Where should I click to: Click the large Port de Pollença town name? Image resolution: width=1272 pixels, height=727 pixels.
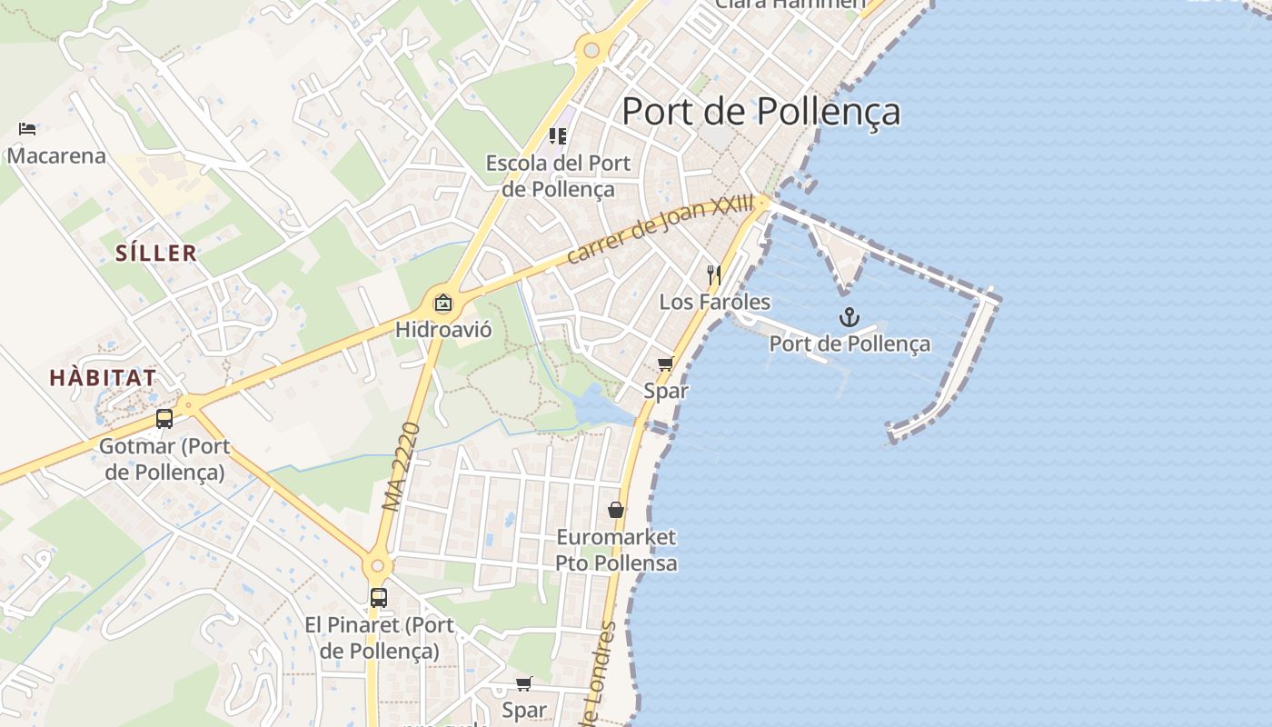click(x=760, y=112)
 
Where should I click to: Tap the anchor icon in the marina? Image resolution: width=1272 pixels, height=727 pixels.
click(x=849, y=317)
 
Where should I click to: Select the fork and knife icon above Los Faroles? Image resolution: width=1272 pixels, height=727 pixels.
click(x=714, y=275)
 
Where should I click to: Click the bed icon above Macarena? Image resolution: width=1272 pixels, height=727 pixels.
click(x=27, y=129)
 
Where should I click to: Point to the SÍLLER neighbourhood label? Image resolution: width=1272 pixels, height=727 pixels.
click(x=156, y=253)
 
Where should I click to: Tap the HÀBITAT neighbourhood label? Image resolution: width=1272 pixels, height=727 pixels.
click(x=103, y=377)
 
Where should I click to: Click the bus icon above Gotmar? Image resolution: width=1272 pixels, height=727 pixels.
click(x=164, y=419)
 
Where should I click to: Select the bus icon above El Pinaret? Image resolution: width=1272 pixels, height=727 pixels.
click(x=378, y=598)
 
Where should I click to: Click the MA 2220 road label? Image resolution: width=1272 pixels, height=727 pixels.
click(x=401, y=465)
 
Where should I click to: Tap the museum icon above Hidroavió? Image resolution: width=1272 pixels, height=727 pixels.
click(x=443, y=303)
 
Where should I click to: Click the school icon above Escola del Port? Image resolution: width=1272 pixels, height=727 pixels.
click(x=558, y=136)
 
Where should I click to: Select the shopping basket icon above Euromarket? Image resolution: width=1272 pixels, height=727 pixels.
click(x=616, y=510)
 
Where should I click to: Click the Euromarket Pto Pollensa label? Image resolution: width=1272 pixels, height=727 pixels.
click(x=616, y=550)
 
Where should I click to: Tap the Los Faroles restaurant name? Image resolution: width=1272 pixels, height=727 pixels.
click(x=714, y=302)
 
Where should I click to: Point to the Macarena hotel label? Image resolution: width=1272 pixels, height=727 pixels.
click(x=56, y=155)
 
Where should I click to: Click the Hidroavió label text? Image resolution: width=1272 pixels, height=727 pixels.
click(x=443, y=329)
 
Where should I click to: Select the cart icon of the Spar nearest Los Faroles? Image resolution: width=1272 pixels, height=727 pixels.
click(x=665, y=364)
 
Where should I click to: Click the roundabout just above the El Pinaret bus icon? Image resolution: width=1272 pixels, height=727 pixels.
click(x=378, y=566)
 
